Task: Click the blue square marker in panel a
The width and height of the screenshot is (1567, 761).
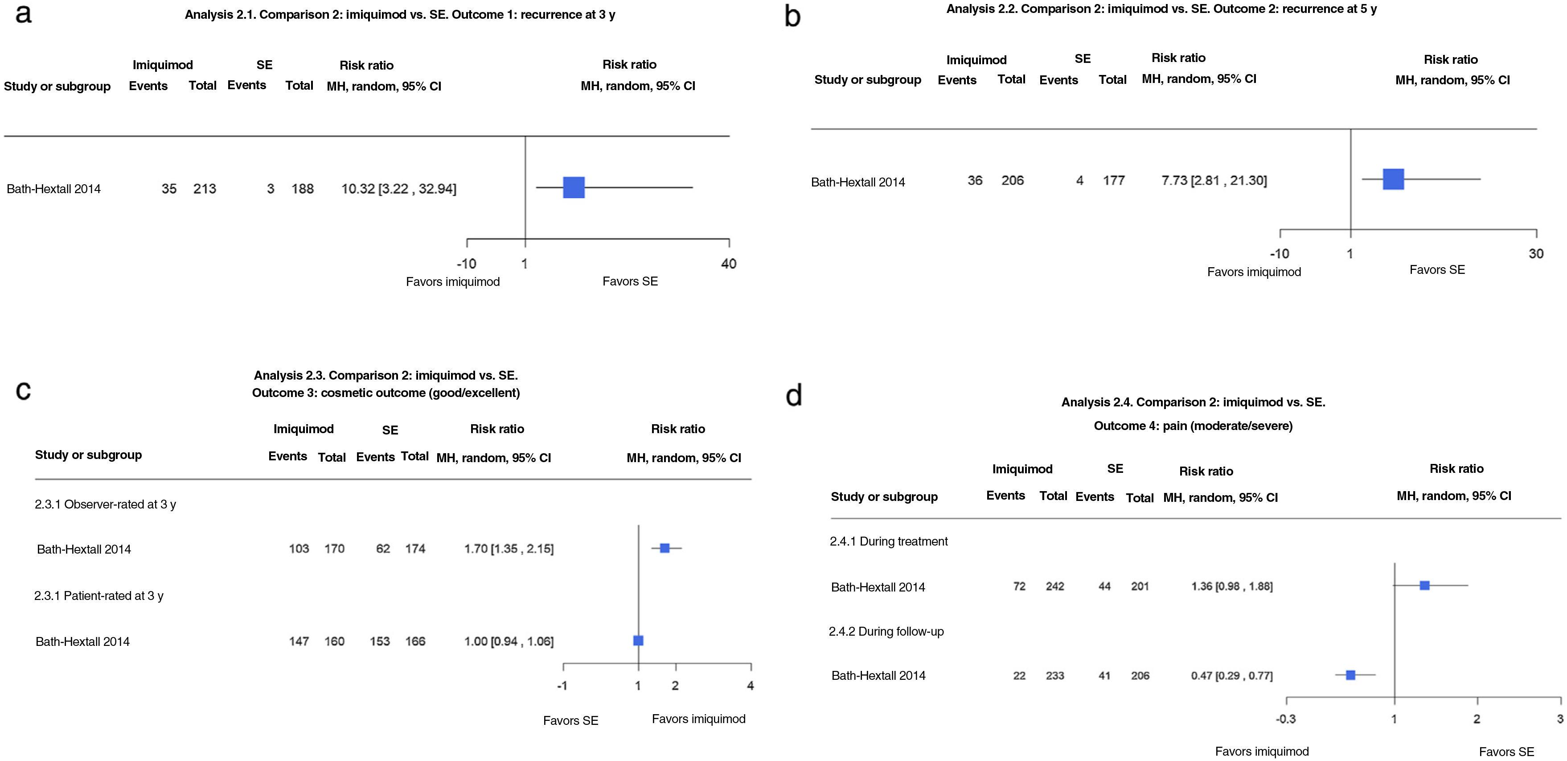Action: (x=574, y=187)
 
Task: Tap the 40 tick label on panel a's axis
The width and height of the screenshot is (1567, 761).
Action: (x=729, y=264)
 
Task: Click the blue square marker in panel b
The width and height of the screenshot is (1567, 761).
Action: (x=1393, y=179)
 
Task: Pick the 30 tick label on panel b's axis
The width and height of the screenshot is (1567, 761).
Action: (x=1536, y=253)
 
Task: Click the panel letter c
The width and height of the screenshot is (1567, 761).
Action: (x=23, y=389)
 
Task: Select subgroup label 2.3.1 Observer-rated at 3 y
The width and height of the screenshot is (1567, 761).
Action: (x=105, y=504)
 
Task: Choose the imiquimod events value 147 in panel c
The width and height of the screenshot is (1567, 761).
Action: (x=299, y=641)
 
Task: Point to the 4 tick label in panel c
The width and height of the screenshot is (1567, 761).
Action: (x=750, y=686)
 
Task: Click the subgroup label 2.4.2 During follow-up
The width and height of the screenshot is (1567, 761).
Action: (x=886, y=631)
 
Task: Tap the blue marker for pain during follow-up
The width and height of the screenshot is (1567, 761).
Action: (x=1350, y=674)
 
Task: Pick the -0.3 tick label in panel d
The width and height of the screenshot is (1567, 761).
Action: (x=1285, y=719)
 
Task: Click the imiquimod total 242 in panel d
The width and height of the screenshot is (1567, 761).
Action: (x=1055, y=586)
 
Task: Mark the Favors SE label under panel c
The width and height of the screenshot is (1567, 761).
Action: (x=570, y=720)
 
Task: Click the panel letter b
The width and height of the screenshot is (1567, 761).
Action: (x=792, y=17)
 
